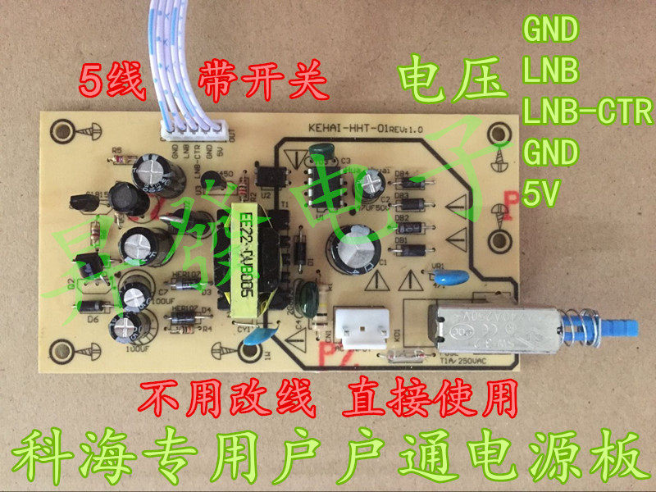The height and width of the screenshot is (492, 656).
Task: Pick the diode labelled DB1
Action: tap(415, 248)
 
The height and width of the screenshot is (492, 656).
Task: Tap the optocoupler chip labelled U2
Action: tap(270, 174)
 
